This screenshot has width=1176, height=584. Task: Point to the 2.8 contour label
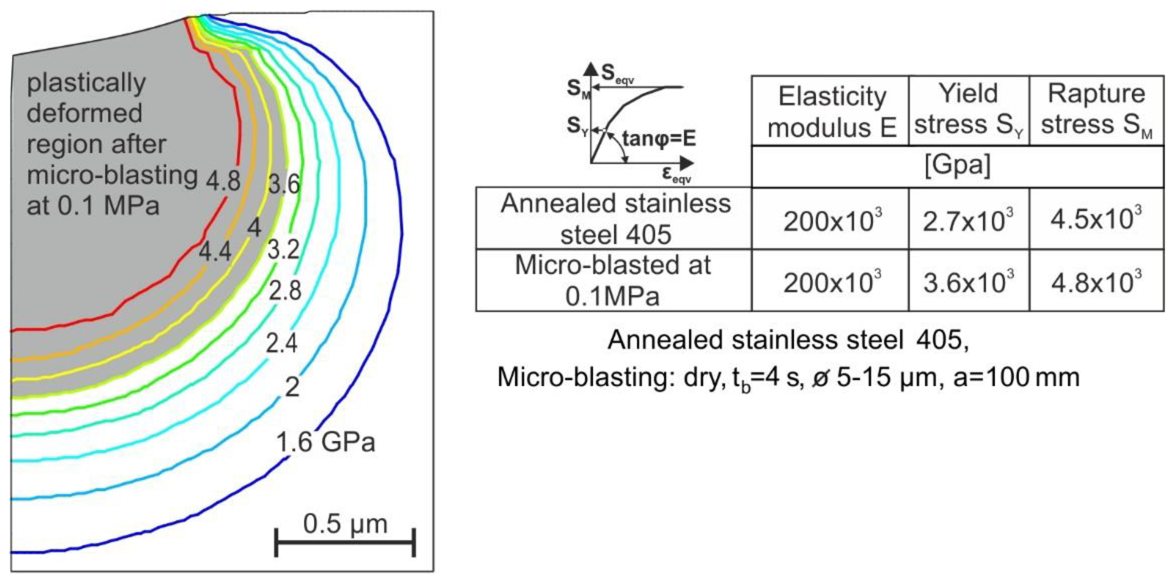(285, 290)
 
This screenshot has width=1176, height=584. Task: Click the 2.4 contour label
(282, 344)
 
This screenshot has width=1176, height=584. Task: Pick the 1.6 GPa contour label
(325, 442)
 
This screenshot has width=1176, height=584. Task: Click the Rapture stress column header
(1096, 110)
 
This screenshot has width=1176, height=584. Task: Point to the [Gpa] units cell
(957, 166)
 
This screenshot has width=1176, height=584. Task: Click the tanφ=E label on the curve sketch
(659, 138)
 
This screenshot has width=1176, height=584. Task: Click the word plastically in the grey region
(86, 84)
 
